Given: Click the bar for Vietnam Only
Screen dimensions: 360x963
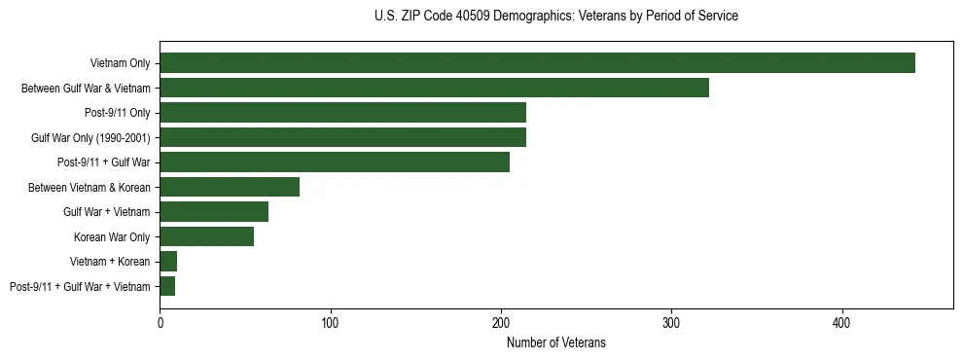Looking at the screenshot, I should [x=537, y=63].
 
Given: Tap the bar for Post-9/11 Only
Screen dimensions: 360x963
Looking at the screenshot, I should [x=342, y=113].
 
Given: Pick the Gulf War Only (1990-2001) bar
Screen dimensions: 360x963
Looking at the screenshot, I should [x=342, y=137].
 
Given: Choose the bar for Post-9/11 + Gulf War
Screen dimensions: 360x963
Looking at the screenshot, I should [x=335, y=162].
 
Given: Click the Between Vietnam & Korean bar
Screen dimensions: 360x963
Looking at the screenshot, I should [x=230, y=187].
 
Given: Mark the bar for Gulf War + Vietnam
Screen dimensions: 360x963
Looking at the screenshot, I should [x=214, y=212].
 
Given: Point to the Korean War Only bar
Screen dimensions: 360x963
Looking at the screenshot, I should [x=206, y=236].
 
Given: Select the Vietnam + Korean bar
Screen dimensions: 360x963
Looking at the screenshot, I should [x=168, y=262].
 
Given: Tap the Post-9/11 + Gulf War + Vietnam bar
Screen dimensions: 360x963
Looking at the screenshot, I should [x=167, y=286].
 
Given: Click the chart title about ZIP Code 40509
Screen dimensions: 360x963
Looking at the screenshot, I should [x=556, y=17].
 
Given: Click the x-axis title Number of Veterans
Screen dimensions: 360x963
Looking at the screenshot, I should [x=556, y=342].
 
